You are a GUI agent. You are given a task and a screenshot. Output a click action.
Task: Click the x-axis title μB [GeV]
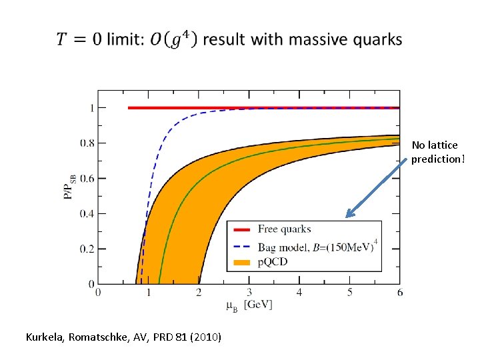pos(249,305)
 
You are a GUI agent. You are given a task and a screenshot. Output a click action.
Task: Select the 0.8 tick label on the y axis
pos(86,143)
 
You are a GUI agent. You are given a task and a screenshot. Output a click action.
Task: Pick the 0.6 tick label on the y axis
pos(86,179)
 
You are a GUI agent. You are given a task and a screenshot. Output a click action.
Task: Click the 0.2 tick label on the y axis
pos(86,249)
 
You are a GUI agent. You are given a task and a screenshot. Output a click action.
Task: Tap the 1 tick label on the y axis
pos(91,108)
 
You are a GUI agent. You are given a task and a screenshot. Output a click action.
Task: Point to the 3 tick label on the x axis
pos(249,293)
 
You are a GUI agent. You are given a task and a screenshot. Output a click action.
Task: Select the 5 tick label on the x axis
pos(349,293)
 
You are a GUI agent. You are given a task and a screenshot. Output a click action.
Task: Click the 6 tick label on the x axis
pos(399,293)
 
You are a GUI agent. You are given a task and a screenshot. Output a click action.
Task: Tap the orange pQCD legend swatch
pos(242,262)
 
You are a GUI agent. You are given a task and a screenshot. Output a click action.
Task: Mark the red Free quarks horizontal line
pos(267,108)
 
